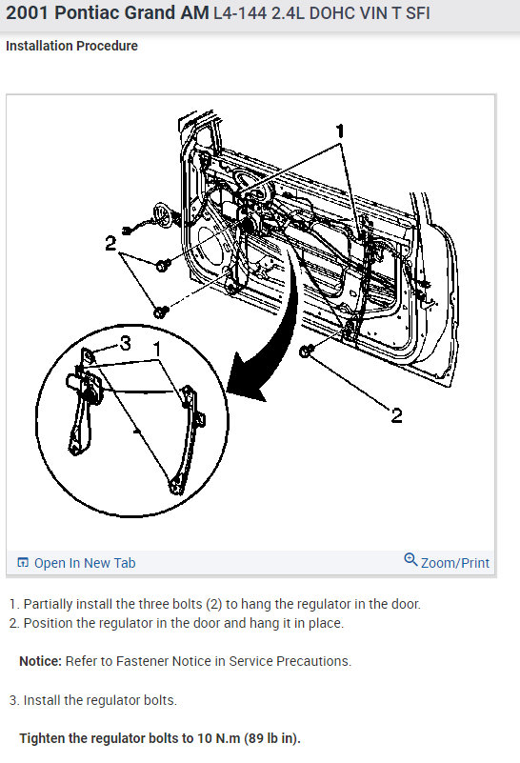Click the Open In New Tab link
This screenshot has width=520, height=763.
pos(85,563)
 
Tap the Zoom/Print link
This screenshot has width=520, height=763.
pos(455,563)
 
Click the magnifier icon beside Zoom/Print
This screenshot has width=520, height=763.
pos(410,559)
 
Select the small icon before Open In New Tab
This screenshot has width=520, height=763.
pos(23,563)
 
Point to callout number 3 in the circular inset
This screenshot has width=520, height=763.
pos(126,344)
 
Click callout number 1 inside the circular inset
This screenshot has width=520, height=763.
pos(156,349)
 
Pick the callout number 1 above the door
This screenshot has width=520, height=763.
pos(340,131)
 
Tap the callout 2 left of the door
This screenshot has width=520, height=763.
pos(110,243)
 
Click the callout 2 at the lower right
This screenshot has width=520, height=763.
pos(396,415)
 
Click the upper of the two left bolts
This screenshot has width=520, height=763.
pos(163,265)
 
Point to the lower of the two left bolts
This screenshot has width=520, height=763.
pos(161,311)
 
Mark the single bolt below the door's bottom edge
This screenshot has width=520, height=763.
pos(306,351)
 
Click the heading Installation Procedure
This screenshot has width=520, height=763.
pos(71,46)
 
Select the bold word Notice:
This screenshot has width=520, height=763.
pos(40,661)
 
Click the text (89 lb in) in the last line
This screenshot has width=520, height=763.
pos(272,738)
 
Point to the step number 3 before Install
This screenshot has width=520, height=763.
pos(13,700)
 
